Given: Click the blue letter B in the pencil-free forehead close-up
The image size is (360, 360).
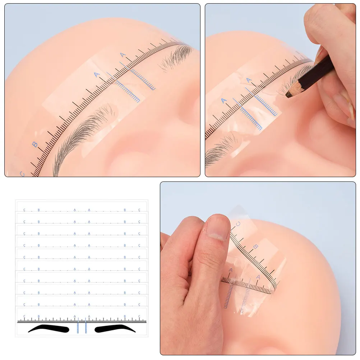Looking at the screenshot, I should pyautogui.click(x=34, y=144).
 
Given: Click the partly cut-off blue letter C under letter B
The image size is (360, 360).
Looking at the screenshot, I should pyautogui.click(x=22, y=174).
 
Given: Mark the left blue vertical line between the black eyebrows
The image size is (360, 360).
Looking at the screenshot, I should pyautogui.click(x=78, y=327).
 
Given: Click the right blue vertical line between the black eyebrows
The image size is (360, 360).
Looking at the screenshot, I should pyautogui.click(x=86, y=327).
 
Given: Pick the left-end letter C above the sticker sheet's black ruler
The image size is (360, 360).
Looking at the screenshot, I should pyautogui.click(x=24, y=317).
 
